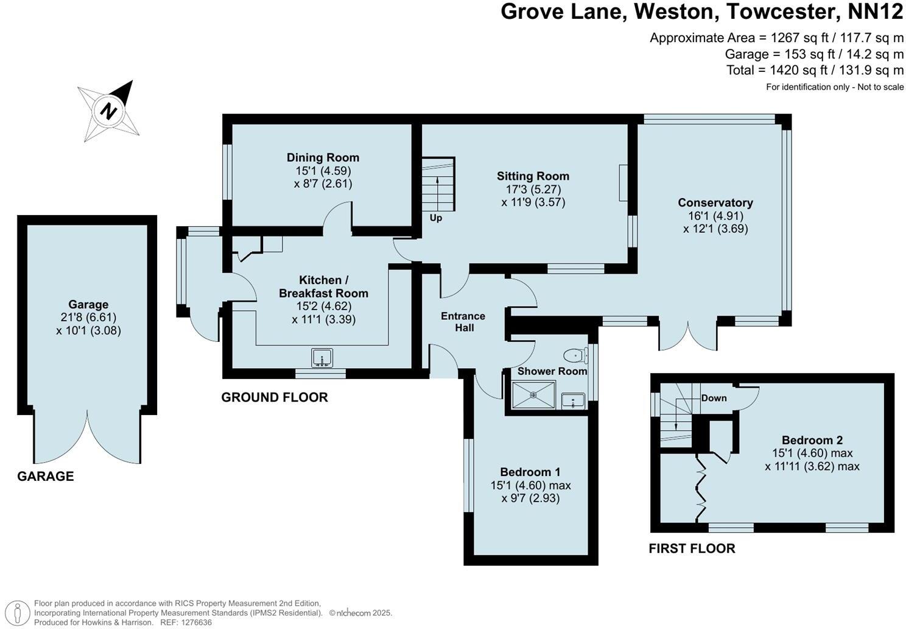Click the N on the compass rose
point(108,110)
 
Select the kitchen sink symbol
point(322,358)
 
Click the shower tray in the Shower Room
point(534,394)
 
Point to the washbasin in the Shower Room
point(573,400)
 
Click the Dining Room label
point(323,157)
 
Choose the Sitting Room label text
point(533,176)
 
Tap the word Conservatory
point(715,202)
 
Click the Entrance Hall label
point(463,322)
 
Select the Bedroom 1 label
point(530,472)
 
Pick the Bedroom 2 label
point(812,440)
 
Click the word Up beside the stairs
point(435,218)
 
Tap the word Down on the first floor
point(714,398)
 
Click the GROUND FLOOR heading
point(275,397)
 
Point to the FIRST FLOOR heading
point(692,549)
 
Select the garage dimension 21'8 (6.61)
point(88,318)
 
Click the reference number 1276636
point(196,622)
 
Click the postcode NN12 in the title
point(876,12)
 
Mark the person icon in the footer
point(17,613)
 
